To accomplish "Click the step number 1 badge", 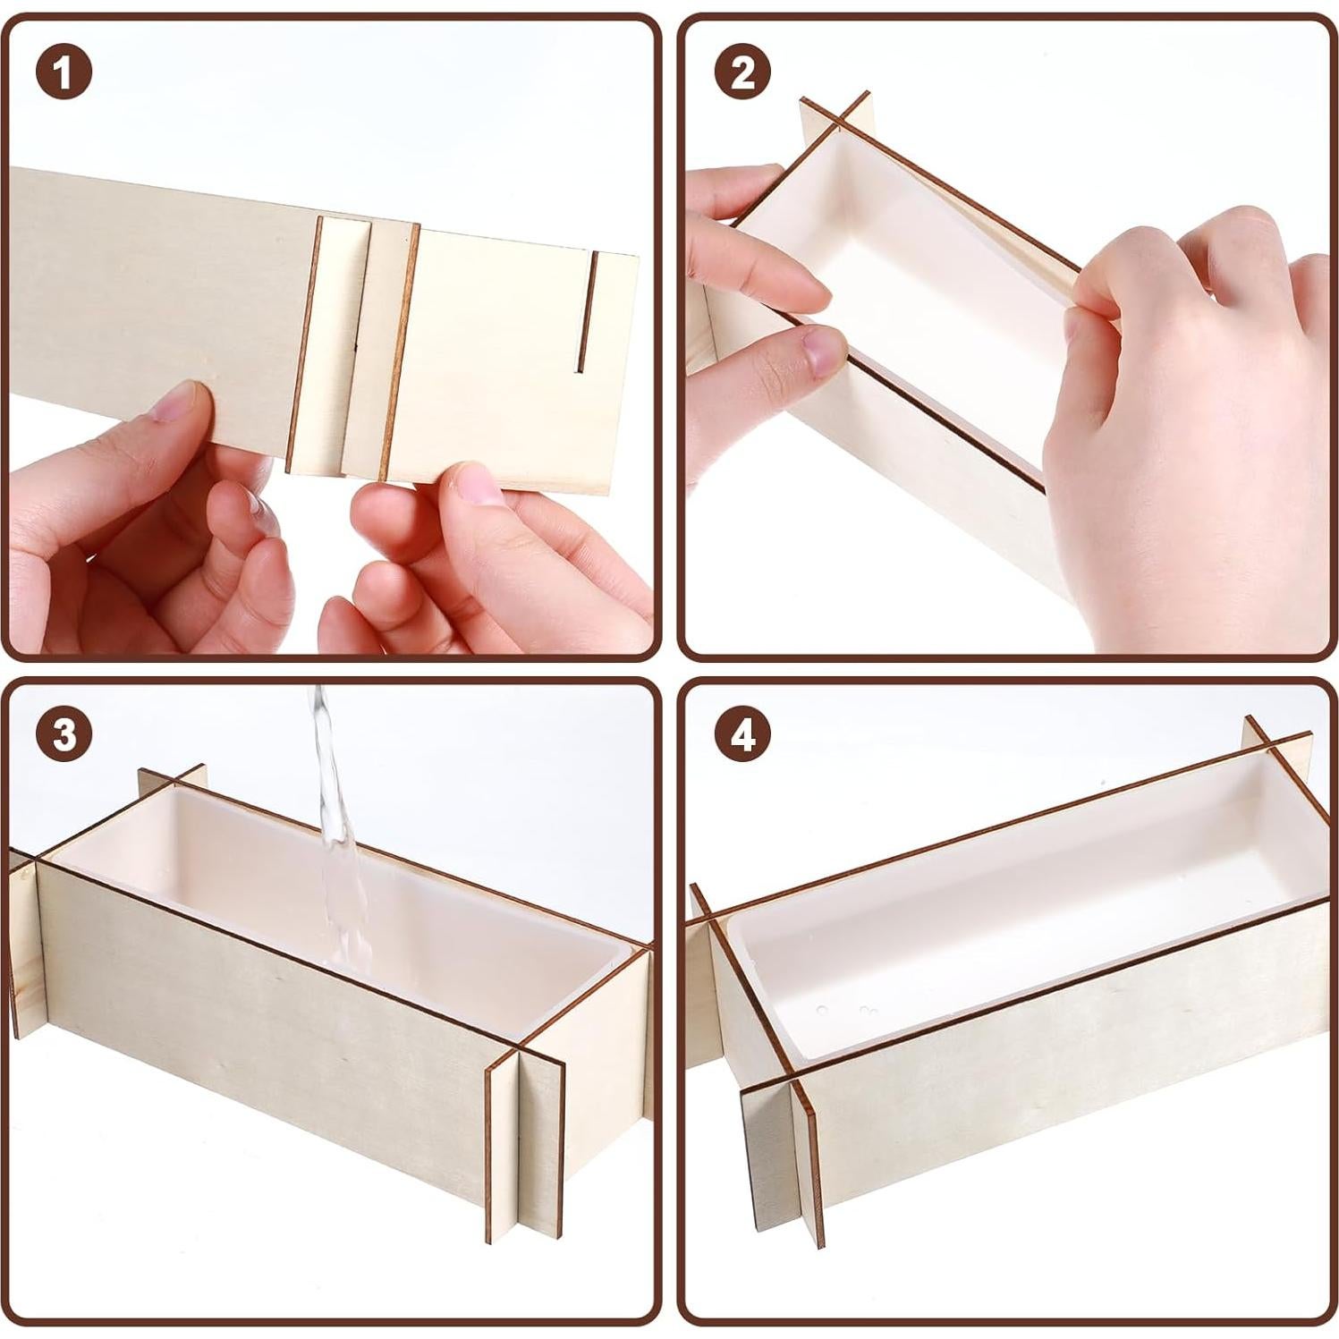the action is (x=64, y=72).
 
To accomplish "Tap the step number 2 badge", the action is (x=743, y=72).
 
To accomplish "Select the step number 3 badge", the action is (x=64, y=734).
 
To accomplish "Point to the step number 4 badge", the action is (x=743, y=734).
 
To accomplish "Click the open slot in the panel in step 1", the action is (x=586, y=311).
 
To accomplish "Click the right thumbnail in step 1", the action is (x=477, y=483).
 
